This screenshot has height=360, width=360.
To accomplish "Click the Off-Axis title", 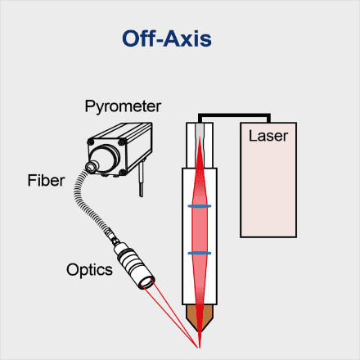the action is (x=167, y=38).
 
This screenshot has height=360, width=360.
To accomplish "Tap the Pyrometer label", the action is (x=123, y=106).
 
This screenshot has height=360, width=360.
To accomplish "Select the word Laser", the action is (x=268, y=136).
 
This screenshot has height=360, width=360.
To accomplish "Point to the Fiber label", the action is (x=46, y=180).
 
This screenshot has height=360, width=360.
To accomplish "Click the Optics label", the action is (x=89, y=270).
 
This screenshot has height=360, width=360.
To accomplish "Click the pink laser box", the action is (x=268, y=180).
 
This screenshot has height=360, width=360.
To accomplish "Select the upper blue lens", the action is (x=200, y=206).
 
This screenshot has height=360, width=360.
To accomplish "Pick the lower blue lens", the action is (x=200, y=253).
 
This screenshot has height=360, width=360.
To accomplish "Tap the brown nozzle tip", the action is (x=200, y=317).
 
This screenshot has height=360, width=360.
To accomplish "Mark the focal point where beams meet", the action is (x=200, y=348).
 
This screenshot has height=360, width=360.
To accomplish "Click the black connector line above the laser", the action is (x=234, y=115).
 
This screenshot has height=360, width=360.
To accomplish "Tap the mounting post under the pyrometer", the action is (x=141, y=179).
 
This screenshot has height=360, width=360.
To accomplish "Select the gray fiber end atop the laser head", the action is (x=200, y=130).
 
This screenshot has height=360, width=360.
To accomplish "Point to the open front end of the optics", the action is (x=147, y=284).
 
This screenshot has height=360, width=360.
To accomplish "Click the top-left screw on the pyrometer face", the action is (x=91, y=142).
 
